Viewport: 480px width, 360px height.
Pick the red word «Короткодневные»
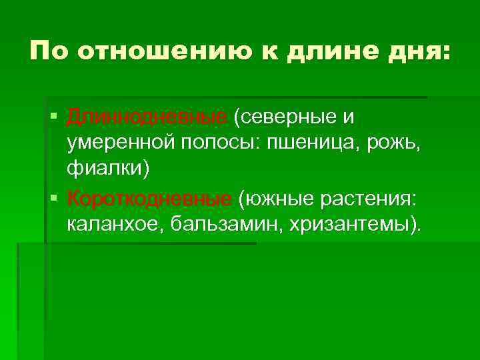tap(149, 199)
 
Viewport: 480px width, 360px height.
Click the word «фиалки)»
tap(108, 169)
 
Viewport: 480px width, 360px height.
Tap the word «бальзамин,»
tap(226, 224)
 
